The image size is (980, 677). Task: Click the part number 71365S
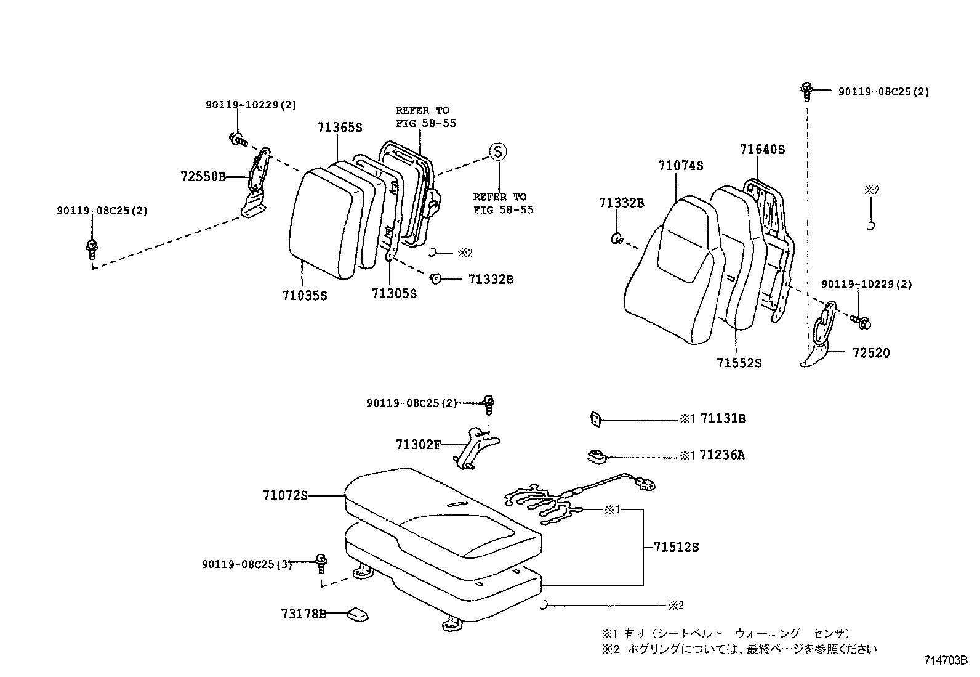(340, 128)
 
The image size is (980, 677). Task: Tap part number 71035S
(305, 295)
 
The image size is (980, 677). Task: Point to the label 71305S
(394, 293)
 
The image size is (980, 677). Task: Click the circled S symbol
(497, 152)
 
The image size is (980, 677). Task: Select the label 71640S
(762, 149)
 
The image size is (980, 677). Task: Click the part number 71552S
(739, 363)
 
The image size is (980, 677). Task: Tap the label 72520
(871, 353)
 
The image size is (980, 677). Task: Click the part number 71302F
(419, 444)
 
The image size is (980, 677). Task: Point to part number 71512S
(676, 547)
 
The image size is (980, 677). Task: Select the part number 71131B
(723, 419)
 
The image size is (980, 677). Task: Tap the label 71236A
(722, 455)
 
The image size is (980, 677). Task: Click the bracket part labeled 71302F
(477, 447)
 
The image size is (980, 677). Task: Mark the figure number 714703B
(945, 660)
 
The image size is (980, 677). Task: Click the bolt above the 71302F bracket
(489, 403)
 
